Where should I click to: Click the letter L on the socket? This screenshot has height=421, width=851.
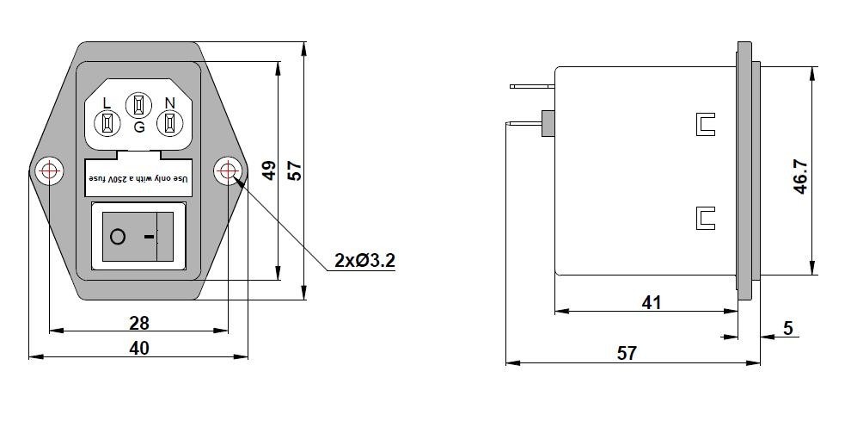tap(107, 102)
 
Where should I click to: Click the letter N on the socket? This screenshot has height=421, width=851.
tap(169, 102)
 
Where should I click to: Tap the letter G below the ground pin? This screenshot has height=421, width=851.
tap(139, 127)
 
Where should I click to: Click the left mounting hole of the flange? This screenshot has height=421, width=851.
tap(49, 170)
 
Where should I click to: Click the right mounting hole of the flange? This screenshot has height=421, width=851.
tap(228, 170)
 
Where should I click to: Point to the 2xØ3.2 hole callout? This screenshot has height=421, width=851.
tap(364, 260)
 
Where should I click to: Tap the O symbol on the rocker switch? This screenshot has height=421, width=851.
tap(118, 236)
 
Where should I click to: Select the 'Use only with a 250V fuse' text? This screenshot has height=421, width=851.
tap(138, 176)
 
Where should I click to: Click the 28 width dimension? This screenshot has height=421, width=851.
tap(138, 323)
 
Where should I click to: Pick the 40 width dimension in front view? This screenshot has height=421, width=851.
tap(138, 348)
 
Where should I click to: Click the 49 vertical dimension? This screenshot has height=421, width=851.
tap(268, 170)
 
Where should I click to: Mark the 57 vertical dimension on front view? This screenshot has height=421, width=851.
tap(294, 170)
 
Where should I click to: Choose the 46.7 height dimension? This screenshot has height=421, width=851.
tap(800, 176)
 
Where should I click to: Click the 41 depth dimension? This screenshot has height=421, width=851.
tap(652, 302)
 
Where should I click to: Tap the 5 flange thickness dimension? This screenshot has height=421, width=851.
tap(788, 327)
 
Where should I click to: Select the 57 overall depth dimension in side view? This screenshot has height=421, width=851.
tap(628, 353)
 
